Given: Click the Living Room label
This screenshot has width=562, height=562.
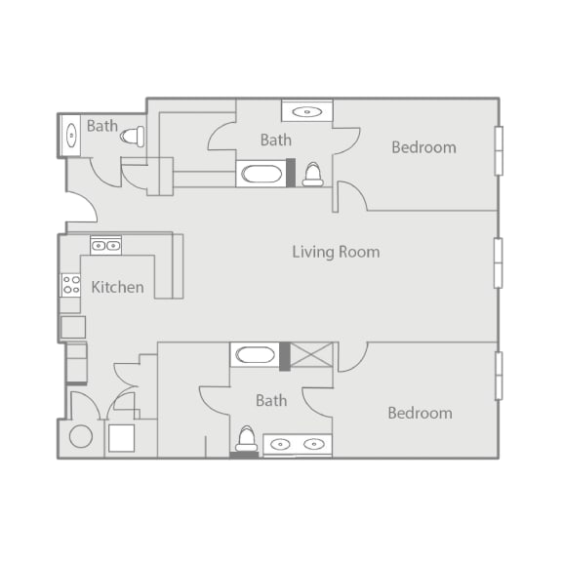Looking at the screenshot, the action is (336, 252).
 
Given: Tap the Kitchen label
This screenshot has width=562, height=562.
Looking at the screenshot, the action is (117, 287).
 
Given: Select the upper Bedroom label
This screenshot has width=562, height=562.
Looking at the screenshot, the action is (424, 147).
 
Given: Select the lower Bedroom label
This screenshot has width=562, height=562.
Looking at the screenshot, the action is (421, 413).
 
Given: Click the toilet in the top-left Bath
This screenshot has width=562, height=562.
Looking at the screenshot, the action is (133, 137).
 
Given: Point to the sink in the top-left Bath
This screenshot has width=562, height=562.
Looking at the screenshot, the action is (71, 135).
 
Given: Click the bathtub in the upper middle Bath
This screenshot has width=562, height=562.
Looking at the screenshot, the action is (261, 174).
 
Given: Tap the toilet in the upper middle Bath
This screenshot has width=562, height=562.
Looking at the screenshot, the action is (312, 175).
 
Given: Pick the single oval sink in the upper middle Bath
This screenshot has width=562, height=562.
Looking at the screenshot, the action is (307, 112).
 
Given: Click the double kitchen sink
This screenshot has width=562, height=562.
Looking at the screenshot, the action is (105, 246).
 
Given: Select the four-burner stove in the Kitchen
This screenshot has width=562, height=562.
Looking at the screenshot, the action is (70, 285).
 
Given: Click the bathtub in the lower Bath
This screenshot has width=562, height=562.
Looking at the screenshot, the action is (255, 355).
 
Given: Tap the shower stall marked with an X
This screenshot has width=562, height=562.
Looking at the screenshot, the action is (311, 355).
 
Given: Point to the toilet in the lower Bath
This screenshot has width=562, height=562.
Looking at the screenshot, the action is (246, 438).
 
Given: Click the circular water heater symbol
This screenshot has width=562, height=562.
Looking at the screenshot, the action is (81, 436).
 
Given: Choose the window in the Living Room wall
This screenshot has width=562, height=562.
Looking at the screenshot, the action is (499, 263).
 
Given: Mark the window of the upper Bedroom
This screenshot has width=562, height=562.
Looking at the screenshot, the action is (499, 151).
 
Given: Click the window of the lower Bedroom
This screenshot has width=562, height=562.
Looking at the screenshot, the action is (499, 376).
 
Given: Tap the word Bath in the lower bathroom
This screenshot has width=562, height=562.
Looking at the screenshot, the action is (271, 400).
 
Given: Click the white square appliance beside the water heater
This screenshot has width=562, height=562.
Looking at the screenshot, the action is (122, 438).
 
